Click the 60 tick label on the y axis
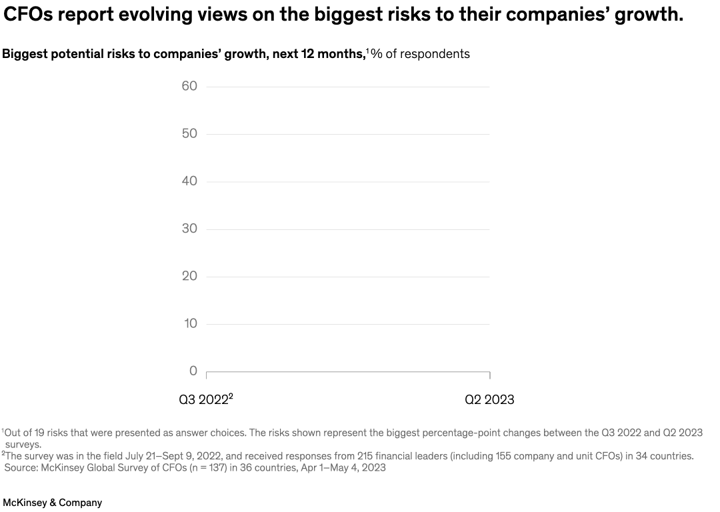(x=189, y=86)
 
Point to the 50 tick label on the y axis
(x=189, y=133)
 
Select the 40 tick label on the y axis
(x=189, y=181)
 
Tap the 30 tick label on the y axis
(x=189, y=229)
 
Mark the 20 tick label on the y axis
(x=189, y=276)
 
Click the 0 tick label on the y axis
(x=193, y=371)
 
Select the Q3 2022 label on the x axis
(x=203, y=400)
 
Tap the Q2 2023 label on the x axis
(x=489, y=400)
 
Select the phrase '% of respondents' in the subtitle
(x=421, y=54)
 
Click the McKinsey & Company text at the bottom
(x=53, y=503)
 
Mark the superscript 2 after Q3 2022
(x=231, y=397)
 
